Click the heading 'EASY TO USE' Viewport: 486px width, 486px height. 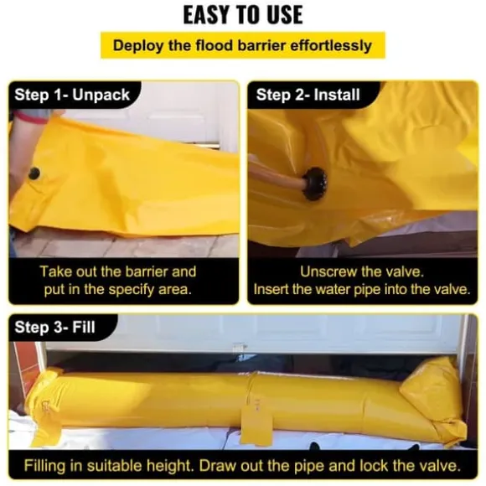point(243,15)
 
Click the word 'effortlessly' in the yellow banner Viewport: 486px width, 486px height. point(331,46)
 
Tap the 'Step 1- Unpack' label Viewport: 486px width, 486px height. point(72,95)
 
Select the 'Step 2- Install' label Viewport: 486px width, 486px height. point(308,95)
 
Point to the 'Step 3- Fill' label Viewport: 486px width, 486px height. point(54,327)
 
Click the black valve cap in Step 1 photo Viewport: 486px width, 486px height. point(34,173)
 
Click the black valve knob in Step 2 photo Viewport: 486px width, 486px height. point(314,184)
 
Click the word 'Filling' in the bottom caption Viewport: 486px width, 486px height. point(45,466)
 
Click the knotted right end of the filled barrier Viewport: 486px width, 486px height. point(436,400)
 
